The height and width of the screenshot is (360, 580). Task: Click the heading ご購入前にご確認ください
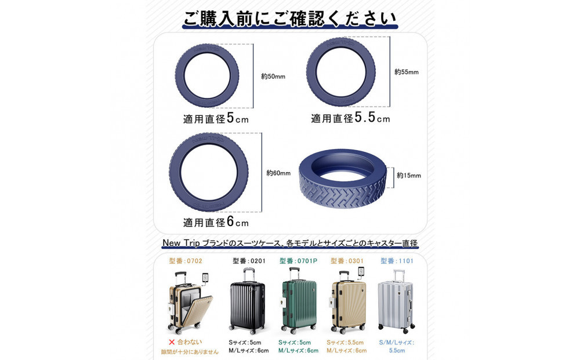[x=290, y=19]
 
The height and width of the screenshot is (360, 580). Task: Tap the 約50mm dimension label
[x=273, y=77]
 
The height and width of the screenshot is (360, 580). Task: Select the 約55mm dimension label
[x=406, y=72]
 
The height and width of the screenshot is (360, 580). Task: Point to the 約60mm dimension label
[x=278, y=173]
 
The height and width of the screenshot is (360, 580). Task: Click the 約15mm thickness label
[x=409, y=176]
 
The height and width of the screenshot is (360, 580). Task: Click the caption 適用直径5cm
[x=216, y=118]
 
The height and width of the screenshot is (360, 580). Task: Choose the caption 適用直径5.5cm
[x=350, y=118]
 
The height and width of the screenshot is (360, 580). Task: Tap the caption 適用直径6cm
[x=216, y=222]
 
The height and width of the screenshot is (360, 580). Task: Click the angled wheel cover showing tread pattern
[x=342, y=178]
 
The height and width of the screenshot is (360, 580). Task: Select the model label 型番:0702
[x=186, y=261]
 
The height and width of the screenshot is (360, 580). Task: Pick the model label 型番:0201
[x=249, y=261]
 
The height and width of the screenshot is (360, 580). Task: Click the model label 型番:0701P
[x=298, y=261]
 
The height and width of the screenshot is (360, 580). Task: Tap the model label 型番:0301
[x=347, y=261]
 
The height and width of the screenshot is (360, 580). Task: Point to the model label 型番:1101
[x=397, y=261]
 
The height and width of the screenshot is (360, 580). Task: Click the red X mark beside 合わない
[x=172, y=342]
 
